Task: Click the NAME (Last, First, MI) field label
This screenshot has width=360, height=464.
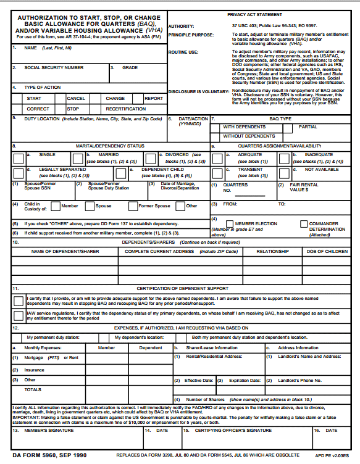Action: click(48, 48)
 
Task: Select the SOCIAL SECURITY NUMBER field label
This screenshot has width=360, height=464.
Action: click(54, 67)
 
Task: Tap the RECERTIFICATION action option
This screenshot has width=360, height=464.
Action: click(125, 109)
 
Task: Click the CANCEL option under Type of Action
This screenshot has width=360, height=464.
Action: click(76, 98)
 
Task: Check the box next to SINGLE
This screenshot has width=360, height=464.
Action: click(19, 158)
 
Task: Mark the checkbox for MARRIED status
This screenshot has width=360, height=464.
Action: click(80, 158)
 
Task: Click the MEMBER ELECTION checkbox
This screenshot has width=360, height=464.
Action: click(230, 223)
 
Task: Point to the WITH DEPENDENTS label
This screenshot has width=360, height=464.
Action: click(245, 126)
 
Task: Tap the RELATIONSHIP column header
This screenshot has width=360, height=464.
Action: click(273, 252)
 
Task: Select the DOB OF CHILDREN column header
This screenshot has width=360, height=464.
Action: click(327, 252)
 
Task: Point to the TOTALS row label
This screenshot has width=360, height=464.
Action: click(33, 390)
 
